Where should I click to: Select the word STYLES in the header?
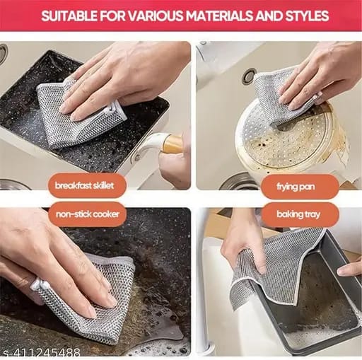(303, 16)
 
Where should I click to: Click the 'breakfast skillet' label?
(90, 185)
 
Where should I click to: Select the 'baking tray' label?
(300, 214)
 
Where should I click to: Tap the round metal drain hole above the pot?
(248, 76)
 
